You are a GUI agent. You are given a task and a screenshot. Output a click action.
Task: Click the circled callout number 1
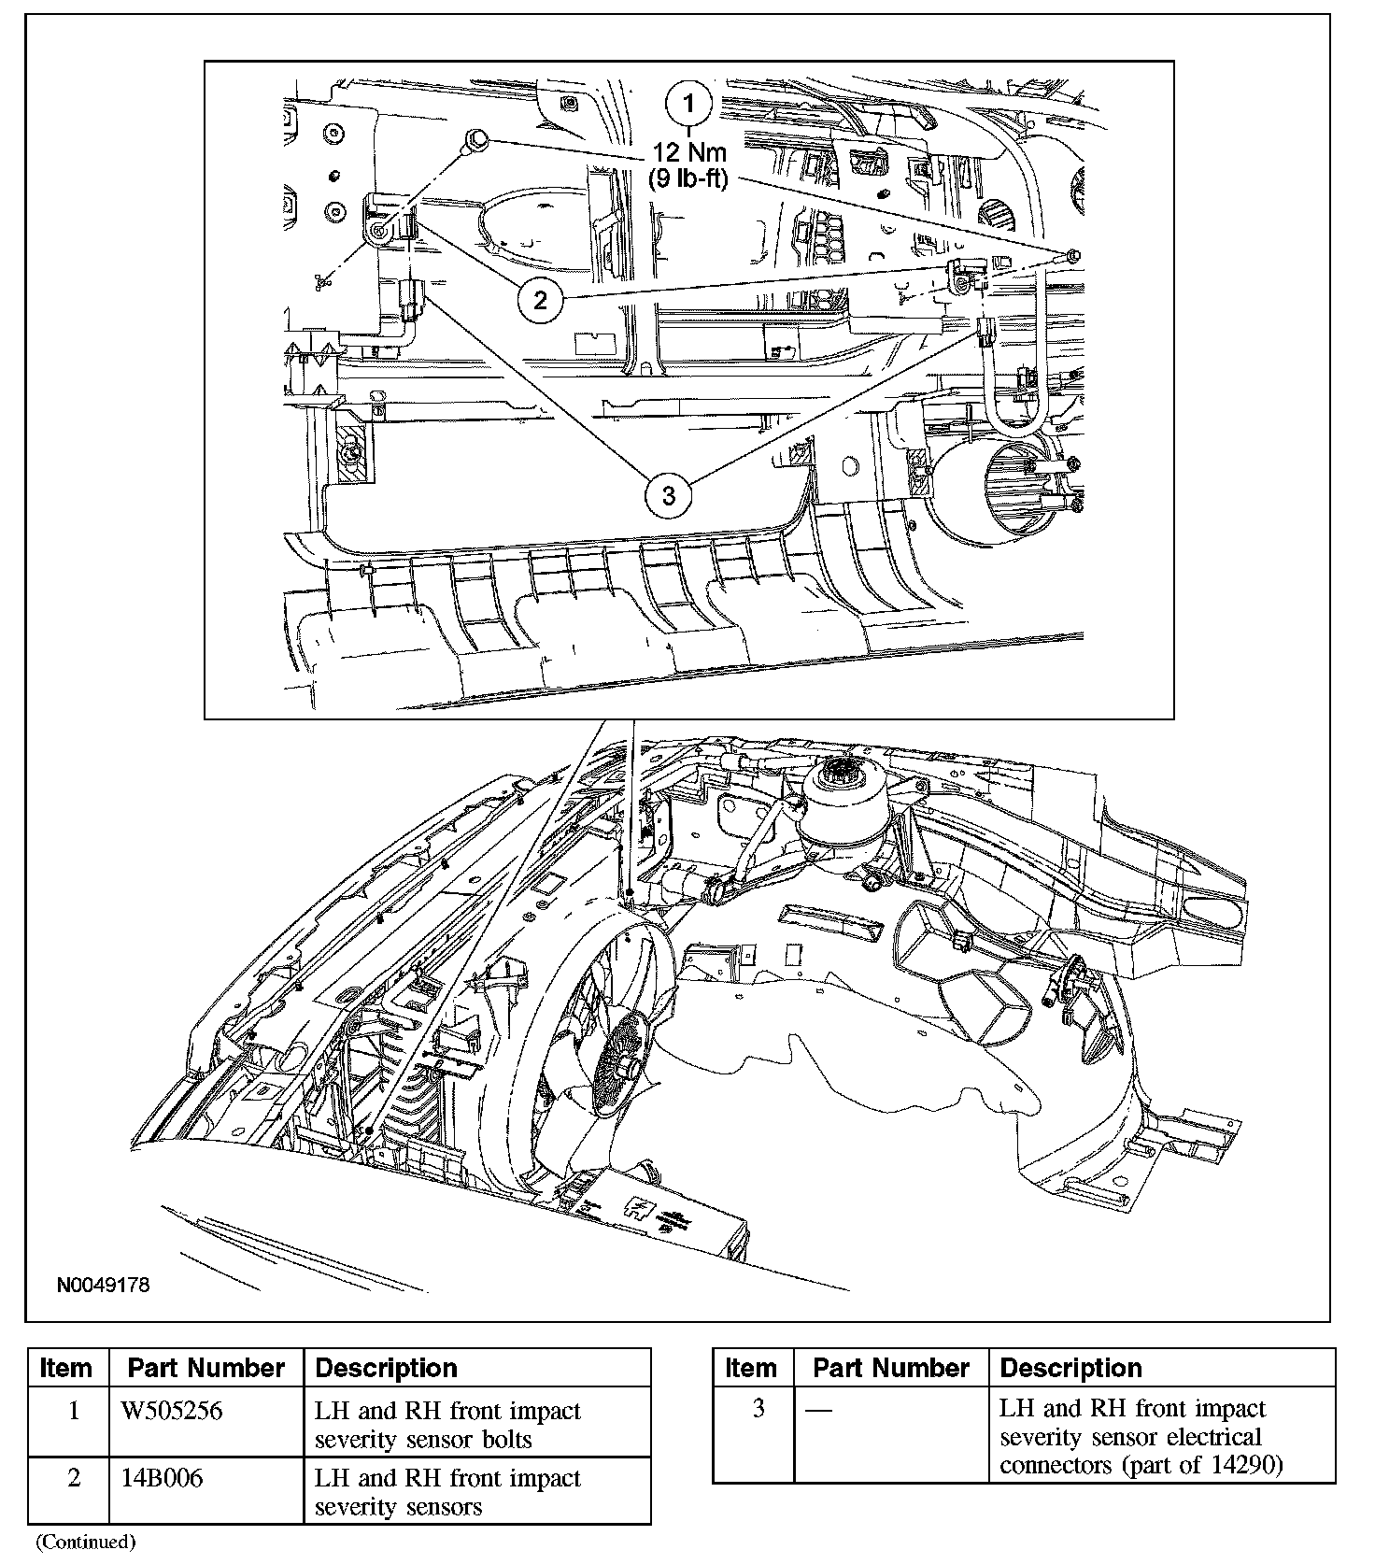(689, 105)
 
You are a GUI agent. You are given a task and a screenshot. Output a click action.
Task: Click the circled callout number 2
(541, 300)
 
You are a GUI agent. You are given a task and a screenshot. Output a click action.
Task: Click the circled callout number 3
(669, 494)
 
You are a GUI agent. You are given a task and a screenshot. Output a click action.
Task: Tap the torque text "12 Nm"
(689, 152)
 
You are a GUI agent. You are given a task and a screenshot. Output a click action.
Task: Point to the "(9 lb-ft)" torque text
(689, 178)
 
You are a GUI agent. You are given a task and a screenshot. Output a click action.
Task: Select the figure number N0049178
(103, 1285)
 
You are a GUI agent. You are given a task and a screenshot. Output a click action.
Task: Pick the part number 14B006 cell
(163, 1478)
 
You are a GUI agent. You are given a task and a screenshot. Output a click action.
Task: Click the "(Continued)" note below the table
(85, 1542)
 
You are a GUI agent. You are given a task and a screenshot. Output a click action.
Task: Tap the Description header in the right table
(1070, 1369)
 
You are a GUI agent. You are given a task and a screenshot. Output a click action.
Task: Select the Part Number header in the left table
(206, 1369)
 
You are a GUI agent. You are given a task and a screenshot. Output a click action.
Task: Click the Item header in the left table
(66, 1369)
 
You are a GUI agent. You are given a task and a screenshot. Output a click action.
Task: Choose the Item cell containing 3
(758, 1408)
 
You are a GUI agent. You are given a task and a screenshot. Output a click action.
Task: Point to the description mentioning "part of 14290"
(1141, 1437)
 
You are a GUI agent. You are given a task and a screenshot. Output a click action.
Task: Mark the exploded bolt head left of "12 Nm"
(476, 140)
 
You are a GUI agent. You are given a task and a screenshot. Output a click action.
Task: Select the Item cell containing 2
(74, 1478)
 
